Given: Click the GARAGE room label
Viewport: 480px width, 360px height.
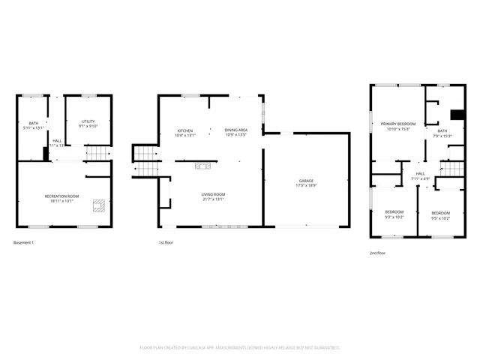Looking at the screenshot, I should pos(306,181).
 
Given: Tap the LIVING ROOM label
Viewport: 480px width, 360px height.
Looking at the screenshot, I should pos(212,194).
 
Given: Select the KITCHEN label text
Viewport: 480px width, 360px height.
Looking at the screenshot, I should pos(184,130).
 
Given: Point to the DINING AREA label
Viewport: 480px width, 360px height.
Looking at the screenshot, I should pos(236,130).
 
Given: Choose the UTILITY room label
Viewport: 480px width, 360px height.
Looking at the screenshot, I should pos(88,121).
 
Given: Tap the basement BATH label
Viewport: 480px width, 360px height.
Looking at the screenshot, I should pos(33,123).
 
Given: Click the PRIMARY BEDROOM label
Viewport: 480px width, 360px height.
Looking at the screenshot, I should pos(397,124).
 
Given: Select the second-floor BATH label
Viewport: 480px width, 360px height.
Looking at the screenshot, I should pos(442,130).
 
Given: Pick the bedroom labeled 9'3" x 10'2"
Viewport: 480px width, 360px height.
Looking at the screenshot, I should pos(394,212).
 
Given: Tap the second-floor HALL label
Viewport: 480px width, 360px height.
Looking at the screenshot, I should pos(420,174).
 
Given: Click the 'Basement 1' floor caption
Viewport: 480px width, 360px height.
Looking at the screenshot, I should pos(24,242).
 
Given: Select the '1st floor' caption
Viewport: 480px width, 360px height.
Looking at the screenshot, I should pos(166,242).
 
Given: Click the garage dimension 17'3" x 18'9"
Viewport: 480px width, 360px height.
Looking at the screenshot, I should pos(306,185).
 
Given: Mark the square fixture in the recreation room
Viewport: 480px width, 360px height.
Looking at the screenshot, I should pos(98,205).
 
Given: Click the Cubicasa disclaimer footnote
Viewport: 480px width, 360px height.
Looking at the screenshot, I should pos(240,348).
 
